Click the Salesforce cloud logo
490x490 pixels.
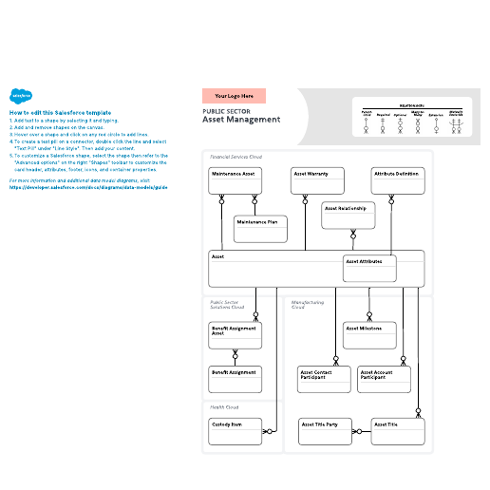point(22,95)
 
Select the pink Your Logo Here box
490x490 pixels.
point(234,96)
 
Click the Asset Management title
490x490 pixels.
point(241,120)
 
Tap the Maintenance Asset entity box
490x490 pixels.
point(235,180)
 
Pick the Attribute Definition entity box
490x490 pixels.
point(397,180)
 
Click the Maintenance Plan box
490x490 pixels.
point(260,228)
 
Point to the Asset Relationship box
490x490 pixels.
point(349,215)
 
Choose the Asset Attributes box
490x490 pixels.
point(367,268)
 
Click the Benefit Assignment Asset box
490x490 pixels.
point(235,335)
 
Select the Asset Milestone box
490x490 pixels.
point(367,335)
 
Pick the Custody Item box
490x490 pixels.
point(235,431)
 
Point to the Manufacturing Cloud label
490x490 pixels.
point(307,305)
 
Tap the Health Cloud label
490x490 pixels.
point(224,406)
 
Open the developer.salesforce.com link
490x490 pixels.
point(88,187)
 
